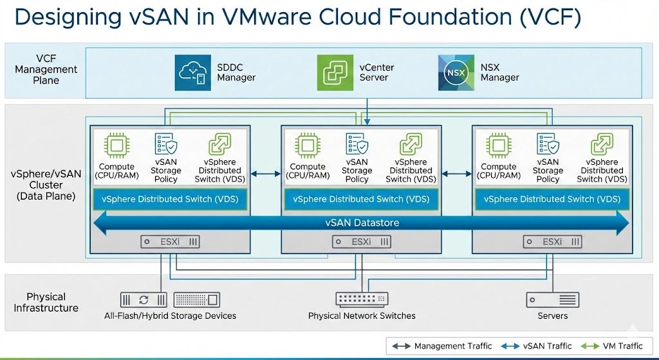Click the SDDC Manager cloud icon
pos(193,73)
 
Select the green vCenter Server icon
pos(335,73)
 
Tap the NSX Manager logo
pos(456,73)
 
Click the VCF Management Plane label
pos(46,70)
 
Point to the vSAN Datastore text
pos(362,223)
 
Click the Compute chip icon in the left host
pos(116,146)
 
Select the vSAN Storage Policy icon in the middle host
pos(357,144)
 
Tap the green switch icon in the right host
pos(602,144)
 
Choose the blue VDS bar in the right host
pos(552,199)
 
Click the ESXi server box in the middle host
pos(361,242)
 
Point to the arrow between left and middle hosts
pos(266,173)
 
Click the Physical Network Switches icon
pos(362,299)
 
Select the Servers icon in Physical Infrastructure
pos(552,299)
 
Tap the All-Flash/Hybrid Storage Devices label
pos(170,316)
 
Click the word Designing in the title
pos(64,17)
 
